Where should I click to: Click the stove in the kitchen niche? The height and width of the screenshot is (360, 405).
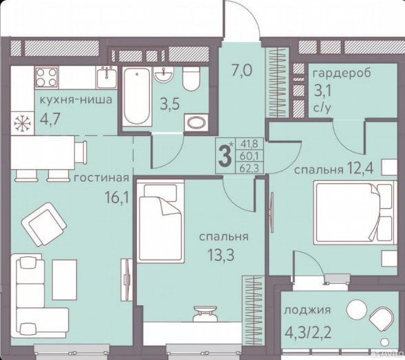click(47, 77)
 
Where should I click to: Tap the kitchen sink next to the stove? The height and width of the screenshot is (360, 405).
click(107, 77)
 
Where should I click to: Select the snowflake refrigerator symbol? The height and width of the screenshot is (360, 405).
click(23, 123)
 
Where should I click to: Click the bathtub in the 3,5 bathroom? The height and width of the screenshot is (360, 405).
click(136, 96)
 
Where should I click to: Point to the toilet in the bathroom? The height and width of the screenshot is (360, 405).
click(191, 78)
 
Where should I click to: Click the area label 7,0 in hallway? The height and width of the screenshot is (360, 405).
click(241, 71)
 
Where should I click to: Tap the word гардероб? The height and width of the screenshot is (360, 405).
click(342, 73)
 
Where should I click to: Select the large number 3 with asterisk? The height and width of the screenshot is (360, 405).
click(226, 155)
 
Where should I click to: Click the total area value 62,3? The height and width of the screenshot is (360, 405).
click(249, 168)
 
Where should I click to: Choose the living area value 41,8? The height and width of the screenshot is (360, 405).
click(249, 144)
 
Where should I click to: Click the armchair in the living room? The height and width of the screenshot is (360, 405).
click(44, 224)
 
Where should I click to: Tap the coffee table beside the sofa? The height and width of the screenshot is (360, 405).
click(65, 280)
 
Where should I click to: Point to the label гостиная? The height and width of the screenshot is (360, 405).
click(101, 177)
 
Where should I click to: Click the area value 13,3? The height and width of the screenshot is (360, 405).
click(221, 255)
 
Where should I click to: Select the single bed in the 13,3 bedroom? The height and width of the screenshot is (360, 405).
click(161, 221)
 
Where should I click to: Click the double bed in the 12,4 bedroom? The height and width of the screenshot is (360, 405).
click(355, 212)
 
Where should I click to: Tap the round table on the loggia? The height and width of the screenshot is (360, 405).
click(357, 309)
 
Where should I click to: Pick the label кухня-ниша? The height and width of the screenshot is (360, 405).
click(76, 100)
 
